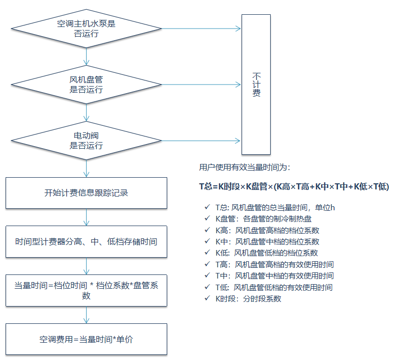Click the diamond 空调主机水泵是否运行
coord(86,29)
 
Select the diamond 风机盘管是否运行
coord(86,85)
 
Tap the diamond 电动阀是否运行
coord(86,141)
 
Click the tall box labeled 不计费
coord(256,84)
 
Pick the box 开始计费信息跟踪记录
coord(86,193)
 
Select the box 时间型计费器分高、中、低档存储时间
coord(86,241)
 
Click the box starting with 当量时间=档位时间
coord(86,290)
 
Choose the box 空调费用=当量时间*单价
coord(86,339)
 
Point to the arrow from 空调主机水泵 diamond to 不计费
coord(201,29)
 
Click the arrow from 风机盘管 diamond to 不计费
coord(201,85)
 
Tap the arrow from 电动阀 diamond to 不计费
coord(201,141)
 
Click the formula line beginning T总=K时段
coord(294,187)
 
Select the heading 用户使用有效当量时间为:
coord(245,167)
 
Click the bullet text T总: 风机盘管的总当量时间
coord(275,207)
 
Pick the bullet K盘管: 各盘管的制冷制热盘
coord(263,219)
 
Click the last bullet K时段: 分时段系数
coord(248,298)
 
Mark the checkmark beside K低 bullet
coord(206,253)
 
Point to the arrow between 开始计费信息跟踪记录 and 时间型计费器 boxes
coord(86,217)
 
